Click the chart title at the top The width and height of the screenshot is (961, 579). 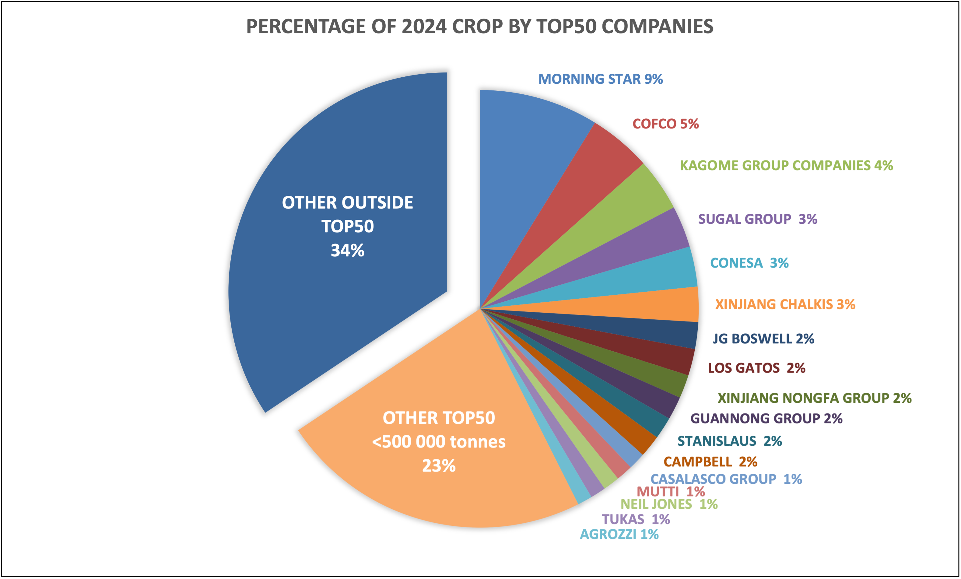click(x=480, y=26)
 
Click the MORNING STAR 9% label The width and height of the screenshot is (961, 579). click(x=600, y=79)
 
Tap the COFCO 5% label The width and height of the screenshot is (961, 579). click(x=665, y=124)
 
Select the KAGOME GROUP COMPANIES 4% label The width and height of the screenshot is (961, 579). click(x=786, y=165)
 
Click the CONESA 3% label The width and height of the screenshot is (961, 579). click(x=749, y=263)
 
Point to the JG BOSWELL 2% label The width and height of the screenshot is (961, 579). click(x=763, y=339)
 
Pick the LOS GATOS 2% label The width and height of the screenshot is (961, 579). click(x=756, y=368)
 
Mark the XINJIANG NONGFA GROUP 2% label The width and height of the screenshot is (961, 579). click(x=814, y=398)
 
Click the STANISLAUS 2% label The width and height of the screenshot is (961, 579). click(x=729, y=441)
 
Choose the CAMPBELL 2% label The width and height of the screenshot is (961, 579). click(x=710, y=462)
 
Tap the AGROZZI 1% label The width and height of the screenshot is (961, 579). click(x=619, y=534)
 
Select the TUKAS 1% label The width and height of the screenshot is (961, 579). click(x=635, y=519)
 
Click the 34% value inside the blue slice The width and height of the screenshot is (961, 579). click(x=347, y=251)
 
